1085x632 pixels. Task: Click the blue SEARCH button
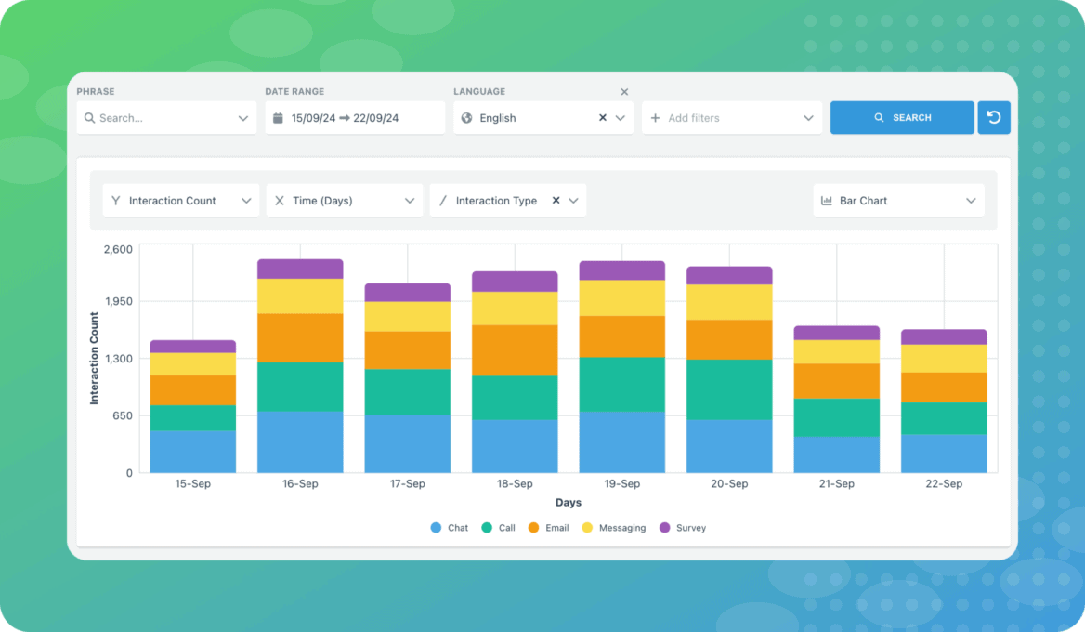point(902,118)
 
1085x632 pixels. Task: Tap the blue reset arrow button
point(993,118)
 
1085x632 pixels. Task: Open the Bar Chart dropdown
point(897,201)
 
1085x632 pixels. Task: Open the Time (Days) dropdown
point(344,201)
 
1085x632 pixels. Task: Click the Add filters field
point(731,118)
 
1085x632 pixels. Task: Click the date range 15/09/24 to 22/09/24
point(354,118)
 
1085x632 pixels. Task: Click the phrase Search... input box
point(165,118)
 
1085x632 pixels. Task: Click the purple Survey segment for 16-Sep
point(300,269)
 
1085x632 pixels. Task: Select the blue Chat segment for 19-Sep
point(621,442)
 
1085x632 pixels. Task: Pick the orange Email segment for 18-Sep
point(515,350)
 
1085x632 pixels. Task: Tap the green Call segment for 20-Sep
point(729,389)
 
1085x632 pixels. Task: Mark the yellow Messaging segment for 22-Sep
point(944,359)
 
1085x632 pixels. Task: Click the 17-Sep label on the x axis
point(407,484)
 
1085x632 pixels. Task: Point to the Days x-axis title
point(569,503)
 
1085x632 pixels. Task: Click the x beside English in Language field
point(602,118)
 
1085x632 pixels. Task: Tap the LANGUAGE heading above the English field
point(479,92)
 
